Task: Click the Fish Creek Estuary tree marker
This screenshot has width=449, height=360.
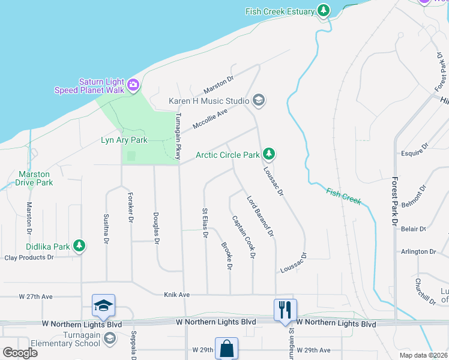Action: coord(324,10)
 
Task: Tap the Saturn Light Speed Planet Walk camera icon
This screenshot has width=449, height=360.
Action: coord(133,85)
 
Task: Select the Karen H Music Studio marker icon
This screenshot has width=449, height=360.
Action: coord(259,100)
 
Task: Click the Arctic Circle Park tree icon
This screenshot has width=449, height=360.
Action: coord(270,154)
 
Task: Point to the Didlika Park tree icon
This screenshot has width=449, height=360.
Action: coord(79,245)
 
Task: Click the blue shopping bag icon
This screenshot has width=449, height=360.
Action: coord(226,348)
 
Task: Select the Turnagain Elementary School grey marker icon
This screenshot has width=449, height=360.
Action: coord(109,340)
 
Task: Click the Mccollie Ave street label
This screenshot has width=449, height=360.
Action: coord(210,119)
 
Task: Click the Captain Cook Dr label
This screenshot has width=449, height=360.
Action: coord(244,237)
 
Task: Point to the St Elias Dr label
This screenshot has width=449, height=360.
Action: coord(205,223)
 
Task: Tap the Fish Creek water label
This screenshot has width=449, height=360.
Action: coord(344,196)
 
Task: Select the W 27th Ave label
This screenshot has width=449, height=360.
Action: coord(35,296)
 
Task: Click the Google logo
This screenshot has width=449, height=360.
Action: coord(19,353)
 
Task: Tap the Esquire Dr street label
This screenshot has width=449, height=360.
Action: coord(415,146)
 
